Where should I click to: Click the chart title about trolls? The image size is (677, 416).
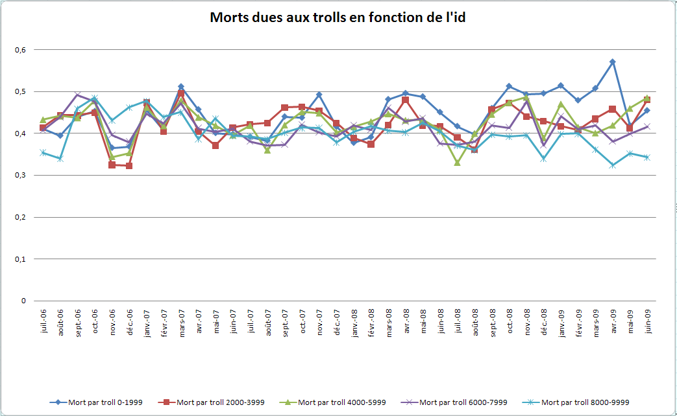[338, 17]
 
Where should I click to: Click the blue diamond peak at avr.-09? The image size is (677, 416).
[612, 62]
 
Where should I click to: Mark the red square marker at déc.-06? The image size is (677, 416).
[129, 166]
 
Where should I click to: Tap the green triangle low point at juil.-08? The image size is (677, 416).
[457, 163]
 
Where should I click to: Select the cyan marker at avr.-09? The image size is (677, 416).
[612, 165]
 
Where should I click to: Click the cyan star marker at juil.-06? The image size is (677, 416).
[43, 153]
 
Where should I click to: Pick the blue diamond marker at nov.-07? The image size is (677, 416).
[319, 95]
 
